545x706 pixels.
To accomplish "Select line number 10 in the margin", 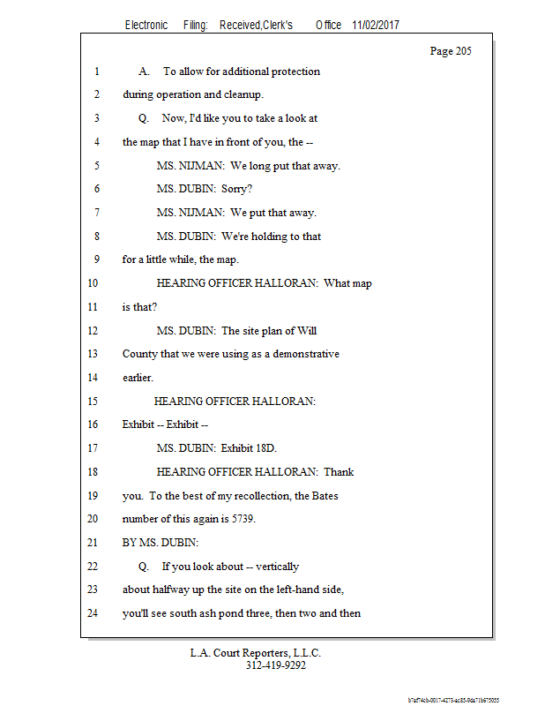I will click(x=93, y=284).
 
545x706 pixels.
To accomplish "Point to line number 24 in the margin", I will click(x=93, y=613).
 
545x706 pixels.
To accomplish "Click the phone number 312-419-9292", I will click(x=275, y=665).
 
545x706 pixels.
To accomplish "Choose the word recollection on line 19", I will click(x=263, y=496).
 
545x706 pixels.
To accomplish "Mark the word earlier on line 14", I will click(x=138, y=378).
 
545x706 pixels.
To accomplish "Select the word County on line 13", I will click(x=141, y=355).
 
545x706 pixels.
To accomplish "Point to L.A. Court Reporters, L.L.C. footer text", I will click(x=256, y=653).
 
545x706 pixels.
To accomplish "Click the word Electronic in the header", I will click(x=146, y=26).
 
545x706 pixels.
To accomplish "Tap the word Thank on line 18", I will click(x=339, y=472).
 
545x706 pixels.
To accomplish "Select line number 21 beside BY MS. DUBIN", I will click(x=93, y=543).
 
